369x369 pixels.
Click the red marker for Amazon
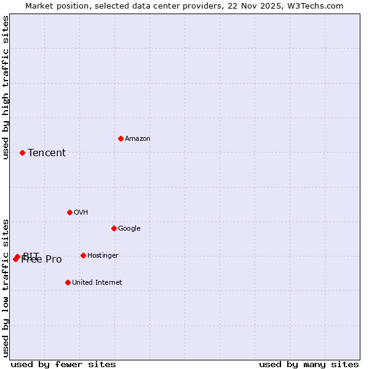(x=121, y=138)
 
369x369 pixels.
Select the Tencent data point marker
(x=22, y=153)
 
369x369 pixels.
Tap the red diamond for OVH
(x=69, y=212)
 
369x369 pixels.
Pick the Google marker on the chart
(x=114, y=228)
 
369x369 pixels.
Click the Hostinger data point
(x=83, y=255)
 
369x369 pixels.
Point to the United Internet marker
(x=68, y=282)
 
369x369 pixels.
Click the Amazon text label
(x=138, y=139)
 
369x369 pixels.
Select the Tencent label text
(x=47, y=153)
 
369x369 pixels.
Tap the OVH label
(x=81, y=213)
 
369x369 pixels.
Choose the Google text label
(x=129, y=229)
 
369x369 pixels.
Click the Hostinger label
(x=103, y=256)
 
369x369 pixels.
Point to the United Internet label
(x=97, y=283)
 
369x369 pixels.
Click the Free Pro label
(x=42, y=260)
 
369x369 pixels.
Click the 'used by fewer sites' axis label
(x=63, y=364)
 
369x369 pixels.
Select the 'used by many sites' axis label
(x=309, y=364)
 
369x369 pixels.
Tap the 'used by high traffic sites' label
(x=6, y=87)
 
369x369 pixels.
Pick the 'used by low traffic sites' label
(x=6, y=288)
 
